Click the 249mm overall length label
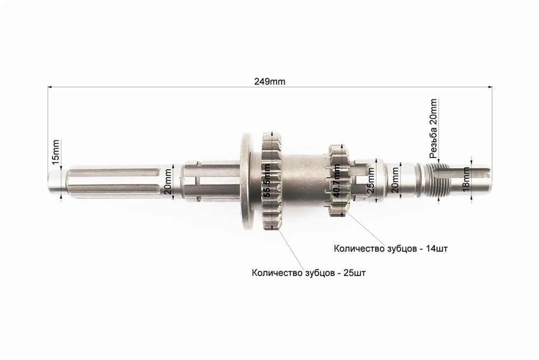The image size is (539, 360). (x=269, y=81)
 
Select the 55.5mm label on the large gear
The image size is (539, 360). (x=267, y=181)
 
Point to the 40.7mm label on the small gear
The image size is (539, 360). (x=337, y=181)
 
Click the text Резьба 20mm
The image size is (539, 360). (x=433, y=128)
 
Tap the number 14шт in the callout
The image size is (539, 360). (x=437, y=248)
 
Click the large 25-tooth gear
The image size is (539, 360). (x=272, y=181)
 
